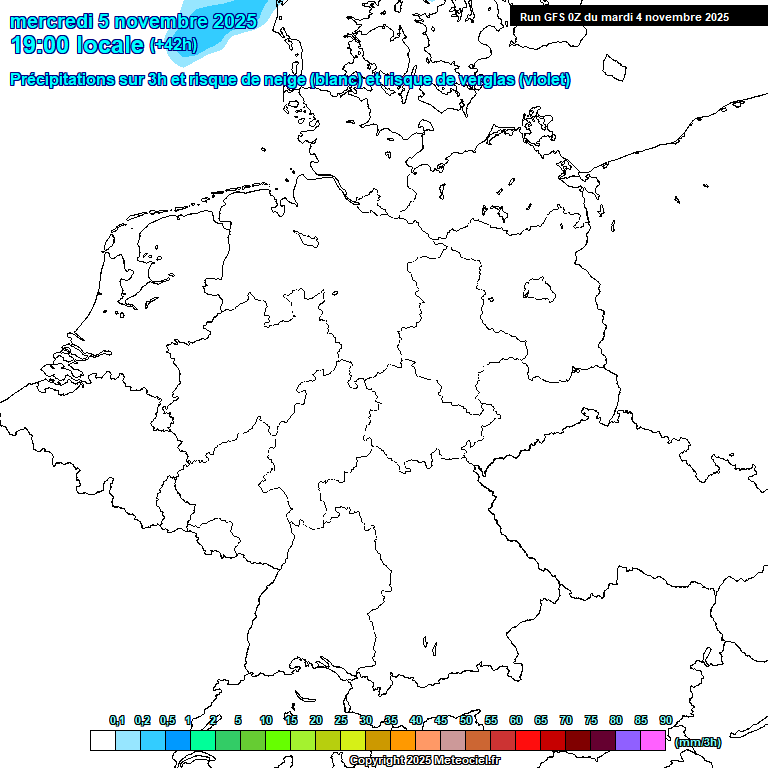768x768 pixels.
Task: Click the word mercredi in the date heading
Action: (x=50, y=21)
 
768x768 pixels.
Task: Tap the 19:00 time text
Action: (x=39, y=45)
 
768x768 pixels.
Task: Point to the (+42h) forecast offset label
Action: (x=173, y=45)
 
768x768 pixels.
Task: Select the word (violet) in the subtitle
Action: (x=544, y=79)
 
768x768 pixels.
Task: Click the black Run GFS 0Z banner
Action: (x=625, y=17)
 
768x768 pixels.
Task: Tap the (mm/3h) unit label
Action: (x=698, y=742)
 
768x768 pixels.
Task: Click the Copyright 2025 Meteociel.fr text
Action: (x=424, y=760)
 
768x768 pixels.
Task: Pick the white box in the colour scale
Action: (x=102, y=740)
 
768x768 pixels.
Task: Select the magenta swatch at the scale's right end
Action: (x=653, y=740)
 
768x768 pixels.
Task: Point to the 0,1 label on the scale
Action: (x=117, y=720)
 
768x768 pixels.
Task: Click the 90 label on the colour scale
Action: (x=666, y=720)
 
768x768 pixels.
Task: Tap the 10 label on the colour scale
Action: (x=266, y=720)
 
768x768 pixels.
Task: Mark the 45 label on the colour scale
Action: (x=441, y=720)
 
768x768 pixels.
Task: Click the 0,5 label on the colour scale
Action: (x=167, y=720)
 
